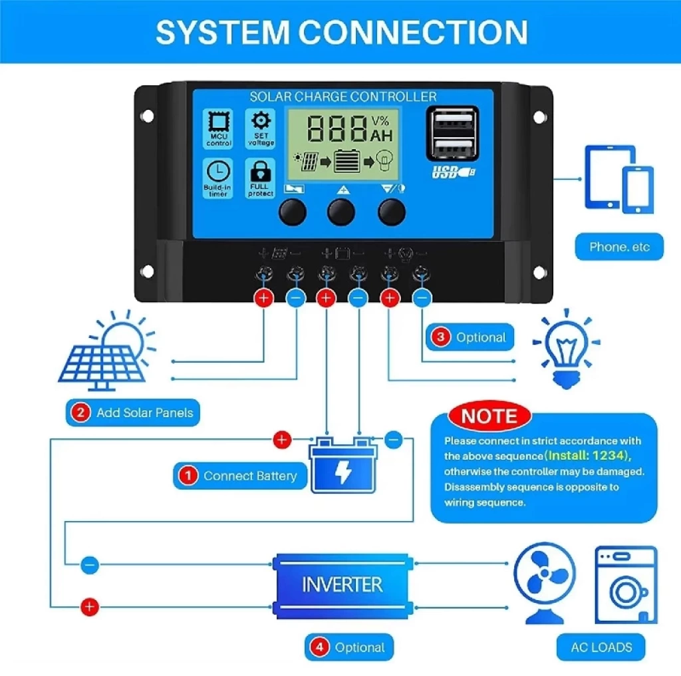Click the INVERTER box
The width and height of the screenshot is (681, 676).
pos(342,585)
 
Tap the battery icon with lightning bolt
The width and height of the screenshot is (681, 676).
pos(342,465)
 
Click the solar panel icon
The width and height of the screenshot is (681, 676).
pos(107,351)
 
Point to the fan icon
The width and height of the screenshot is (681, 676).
pos(545,582)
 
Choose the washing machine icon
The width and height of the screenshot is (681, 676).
pos(626,585)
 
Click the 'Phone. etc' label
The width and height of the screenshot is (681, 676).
pos(619,247)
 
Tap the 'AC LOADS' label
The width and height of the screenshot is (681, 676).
pos(601,647)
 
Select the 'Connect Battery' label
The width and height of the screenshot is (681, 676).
pos(240,476)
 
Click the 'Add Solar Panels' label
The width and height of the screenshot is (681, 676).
pos(133,413)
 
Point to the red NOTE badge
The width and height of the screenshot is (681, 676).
pos(489,416)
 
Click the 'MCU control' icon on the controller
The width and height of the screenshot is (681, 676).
pos(218,129)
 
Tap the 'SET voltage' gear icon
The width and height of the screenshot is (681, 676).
pos(261,129)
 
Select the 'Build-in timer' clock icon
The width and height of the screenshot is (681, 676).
pos(217,178)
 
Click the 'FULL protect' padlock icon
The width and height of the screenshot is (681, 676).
pos(261,178)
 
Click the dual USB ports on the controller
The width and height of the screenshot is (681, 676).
pos(452,134)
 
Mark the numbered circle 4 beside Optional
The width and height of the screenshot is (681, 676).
pos(320,647)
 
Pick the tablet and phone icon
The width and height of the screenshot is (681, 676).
pos(619,179)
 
